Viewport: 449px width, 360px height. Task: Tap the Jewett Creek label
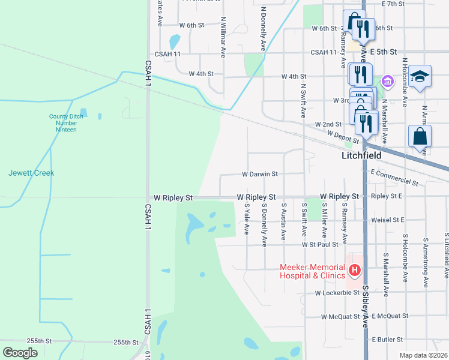[31, 173]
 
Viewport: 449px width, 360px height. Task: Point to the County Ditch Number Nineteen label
[62, 123]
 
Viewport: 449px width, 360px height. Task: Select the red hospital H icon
[355, 271]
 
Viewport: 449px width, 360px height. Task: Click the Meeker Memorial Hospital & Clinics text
[312, 271]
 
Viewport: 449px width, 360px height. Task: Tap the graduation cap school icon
[420, 76]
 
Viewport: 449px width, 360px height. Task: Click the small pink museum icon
[388, 81]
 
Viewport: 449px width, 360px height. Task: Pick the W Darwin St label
[259, 174]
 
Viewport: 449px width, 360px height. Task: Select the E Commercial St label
[394, 177]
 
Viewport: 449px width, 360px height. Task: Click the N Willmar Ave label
[223, 42]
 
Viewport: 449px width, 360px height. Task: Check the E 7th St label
[394, 4]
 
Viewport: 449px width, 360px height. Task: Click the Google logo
[20, 352]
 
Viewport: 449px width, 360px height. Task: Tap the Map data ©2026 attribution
[423, 355]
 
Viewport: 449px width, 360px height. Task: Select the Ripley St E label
[387, 196]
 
